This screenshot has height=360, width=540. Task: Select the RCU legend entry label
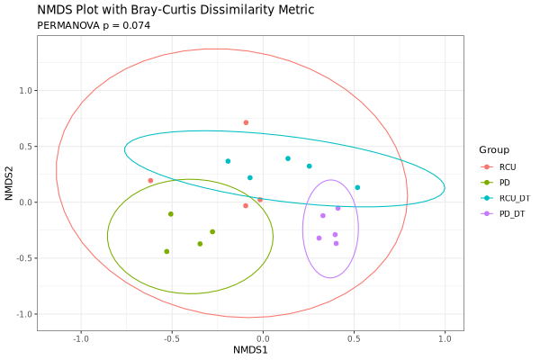508,167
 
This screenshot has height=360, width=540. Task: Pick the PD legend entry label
505,183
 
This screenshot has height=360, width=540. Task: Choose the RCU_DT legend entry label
514,198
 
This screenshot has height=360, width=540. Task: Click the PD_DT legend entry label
512,213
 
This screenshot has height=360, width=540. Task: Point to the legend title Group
494,149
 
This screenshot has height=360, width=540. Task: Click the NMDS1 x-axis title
250,349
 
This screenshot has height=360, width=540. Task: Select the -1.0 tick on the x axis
81,338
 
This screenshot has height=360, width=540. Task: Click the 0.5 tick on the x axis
354,338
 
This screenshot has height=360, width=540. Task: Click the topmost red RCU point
246,122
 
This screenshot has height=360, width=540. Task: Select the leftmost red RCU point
150,181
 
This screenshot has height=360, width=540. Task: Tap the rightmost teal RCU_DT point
357,188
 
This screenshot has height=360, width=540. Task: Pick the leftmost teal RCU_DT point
228,161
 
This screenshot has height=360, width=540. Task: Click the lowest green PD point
166,252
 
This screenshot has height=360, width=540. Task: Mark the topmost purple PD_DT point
337,208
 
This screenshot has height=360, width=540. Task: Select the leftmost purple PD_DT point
319,238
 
